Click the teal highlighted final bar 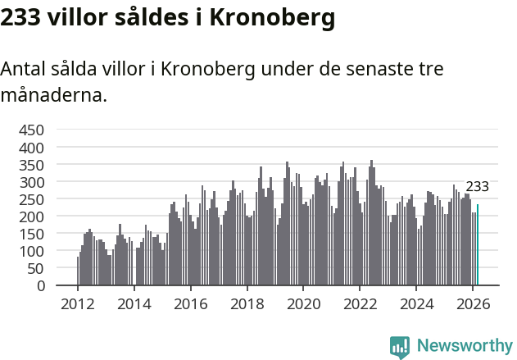[x=478, y=245]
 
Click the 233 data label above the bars [x=477, y=187]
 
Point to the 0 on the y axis [x=40, y=286]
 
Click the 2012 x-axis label [x=78, y=303]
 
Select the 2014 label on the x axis [x=134, y=303]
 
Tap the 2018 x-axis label [x=247, y=303]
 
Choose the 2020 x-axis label [x=304, y=303]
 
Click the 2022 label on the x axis [x=361, y=303]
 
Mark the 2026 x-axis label [x=474, y=303]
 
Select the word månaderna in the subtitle [x=54, y=95]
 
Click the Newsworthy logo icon [x=400, y=347]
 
